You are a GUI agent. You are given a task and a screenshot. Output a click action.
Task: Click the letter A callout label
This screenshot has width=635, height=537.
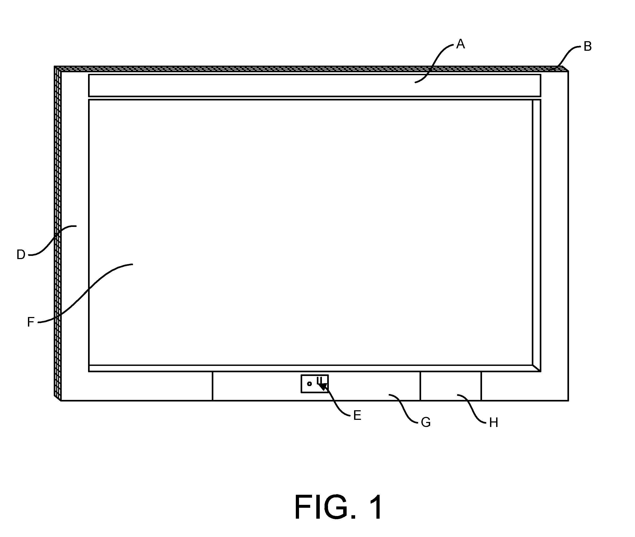(460, 44)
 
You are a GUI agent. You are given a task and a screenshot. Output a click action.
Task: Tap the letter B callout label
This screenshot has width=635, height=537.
(587, 46)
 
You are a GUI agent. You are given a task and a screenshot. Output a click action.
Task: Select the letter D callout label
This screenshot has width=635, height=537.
(21, 255)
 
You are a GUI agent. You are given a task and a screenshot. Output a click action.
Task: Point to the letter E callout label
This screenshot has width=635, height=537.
(357, 415)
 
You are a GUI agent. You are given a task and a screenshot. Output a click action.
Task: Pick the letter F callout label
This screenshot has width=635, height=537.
(31, 322)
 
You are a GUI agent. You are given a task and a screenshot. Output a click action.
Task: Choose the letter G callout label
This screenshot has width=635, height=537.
(426, 422)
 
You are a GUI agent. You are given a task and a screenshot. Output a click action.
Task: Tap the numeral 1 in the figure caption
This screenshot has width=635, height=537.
(375, 507)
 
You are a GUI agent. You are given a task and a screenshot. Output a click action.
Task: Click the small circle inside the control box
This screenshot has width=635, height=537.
(309, 384)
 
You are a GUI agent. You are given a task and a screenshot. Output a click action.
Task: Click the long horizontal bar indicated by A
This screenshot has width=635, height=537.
(314, 86)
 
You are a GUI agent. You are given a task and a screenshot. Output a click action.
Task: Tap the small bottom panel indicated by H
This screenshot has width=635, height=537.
(451, 386)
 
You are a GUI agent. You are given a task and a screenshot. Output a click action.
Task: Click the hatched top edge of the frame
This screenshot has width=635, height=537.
(311, 69)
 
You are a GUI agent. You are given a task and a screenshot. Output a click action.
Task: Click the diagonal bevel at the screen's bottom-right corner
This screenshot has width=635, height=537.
(537, 368)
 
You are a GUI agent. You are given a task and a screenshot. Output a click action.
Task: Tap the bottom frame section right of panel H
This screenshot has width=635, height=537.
(525, 386)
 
